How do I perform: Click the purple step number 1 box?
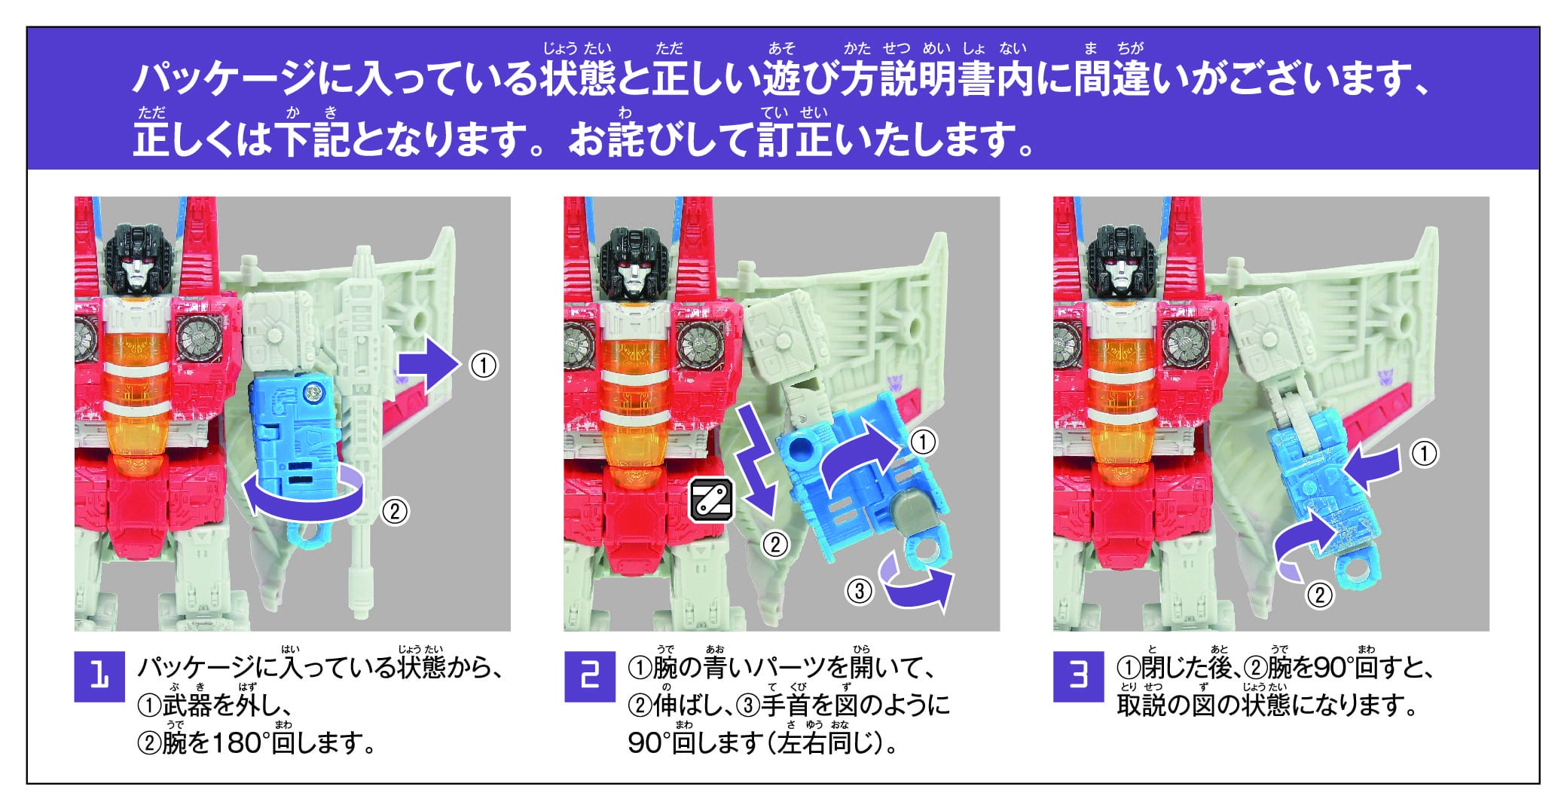[x=99, y=676]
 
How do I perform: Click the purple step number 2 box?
[x=589, y=676]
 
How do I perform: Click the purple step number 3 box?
[x=1078, y=676]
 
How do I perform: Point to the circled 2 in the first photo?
[x=394, y=512]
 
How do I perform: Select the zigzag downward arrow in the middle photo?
[x=757, y=460]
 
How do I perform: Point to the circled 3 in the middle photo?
[x=859, y=590]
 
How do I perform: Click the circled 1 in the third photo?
[x=1423, y=454]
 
